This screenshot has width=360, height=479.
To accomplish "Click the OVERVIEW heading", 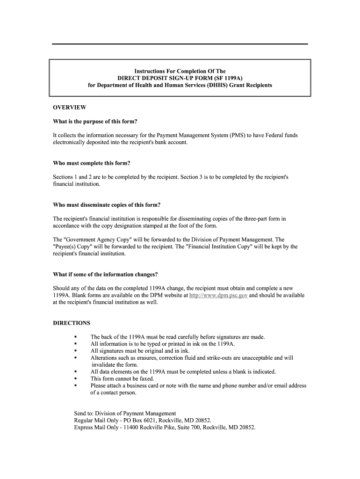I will pyautogui.click(x=69, y=108).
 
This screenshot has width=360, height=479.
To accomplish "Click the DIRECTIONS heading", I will pyautogui.click(x=72, y=323).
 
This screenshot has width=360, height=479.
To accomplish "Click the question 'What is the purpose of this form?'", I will pyautogui.click(x=95, y=122).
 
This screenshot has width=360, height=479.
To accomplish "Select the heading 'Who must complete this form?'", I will pyautogui.click(x=92, y=163).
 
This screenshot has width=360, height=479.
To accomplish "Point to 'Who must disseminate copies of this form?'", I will pyautogui.click(x=107, y=205).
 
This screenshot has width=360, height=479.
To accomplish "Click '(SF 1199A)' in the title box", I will pyautogui.click(x=229, y=78).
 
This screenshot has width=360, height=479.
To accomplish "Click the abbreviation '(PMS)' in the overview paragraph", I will pyautogui.click(x=237, y=136).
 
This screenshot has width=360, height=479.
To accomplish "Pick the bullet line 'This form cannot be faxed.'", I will pyautogui.click(x=122, y=379).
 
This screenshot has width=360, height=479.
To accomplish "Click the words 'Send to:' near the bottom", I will pyautogui.click(x=84, y=414).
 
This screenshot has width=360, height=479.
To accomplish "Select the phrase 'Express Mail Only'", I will pyautogui.click(x=96, y=428).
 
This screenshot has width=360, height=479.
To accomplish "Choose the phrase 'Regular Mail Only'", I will pyautogui.click(x=96, y=421).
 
